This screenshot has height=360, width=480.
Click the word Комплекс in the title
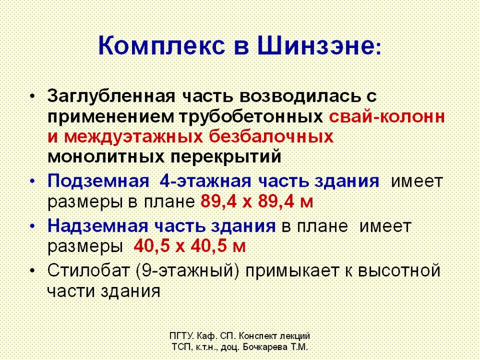pyautogui.click(x=162, y=46)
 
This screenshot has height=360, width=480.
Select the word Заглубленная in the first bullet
pyautogui.click(x=111, y=96)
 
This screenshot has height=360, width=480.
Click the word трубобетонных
pyautogui.click(x=251, y=117)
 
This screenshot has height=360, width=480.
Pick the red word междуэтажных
pyautogui.click(x=133, y=137)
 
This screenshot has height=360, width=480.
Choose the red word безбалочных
pyautogui.click(x=271, y=137)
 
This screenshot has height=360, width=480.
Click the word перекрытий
pyautogui.click(x=226, y=157)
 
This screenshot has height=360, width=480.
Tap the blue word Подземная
pyautogui.click(x=98, y=181)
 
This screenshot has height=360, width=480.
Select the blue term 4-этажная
pyautogui.click(x=205, y=181)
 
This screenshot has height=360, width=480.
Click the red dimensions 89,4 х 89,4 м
pyautogui.click(x=257, y=202)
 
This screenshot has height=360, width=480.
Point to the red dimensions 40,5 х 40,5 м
pyautogui.click(x=190, y=246)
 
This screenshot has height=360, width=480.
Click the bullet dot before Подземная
pyautogui.click(x=33, y=181)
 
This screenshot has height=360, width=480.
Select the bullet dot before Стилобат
pyautogui.click(x=33, y=271)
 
